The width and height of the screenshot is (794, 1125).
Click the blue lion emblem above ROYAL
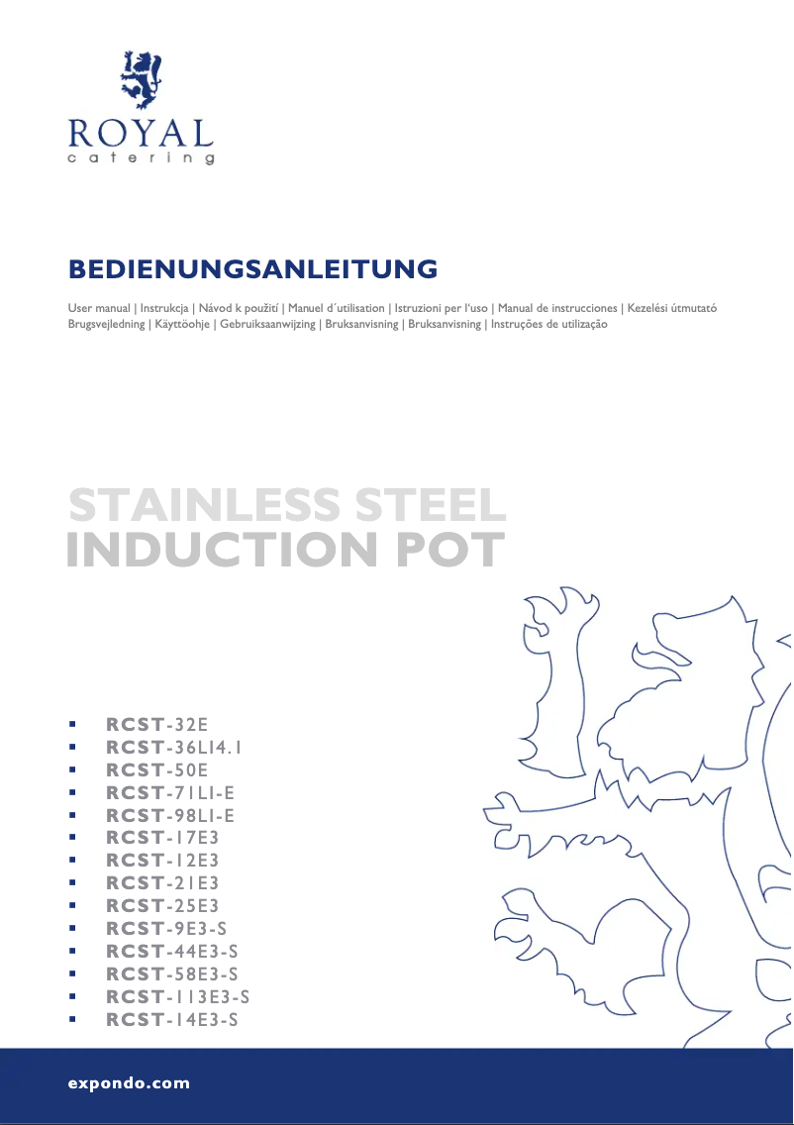[141, 80]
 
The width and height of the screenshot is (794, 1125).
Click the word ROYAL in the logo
[141, 133]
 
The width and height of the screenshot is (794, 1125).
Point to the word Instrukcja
[164, 308]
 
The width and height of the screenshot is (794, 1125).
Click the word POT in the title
[450, 550]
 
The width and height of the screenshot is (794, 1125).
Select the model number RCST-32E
[157, 723]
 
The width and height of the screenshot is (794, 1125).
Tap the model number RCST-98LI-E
[170, 815]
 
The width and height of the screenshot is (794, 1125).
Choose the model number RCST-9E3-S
[166, 929]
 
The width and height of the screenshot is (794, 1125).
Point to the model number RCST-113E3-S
[177, 997]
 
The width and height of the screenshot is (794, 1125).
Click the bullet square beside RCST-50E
[71, 769]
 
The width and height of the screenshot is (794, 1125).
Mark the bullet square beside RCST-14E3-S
[71, 1020]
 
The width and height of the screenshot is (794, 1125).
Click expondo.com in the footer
[129, 1083]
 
